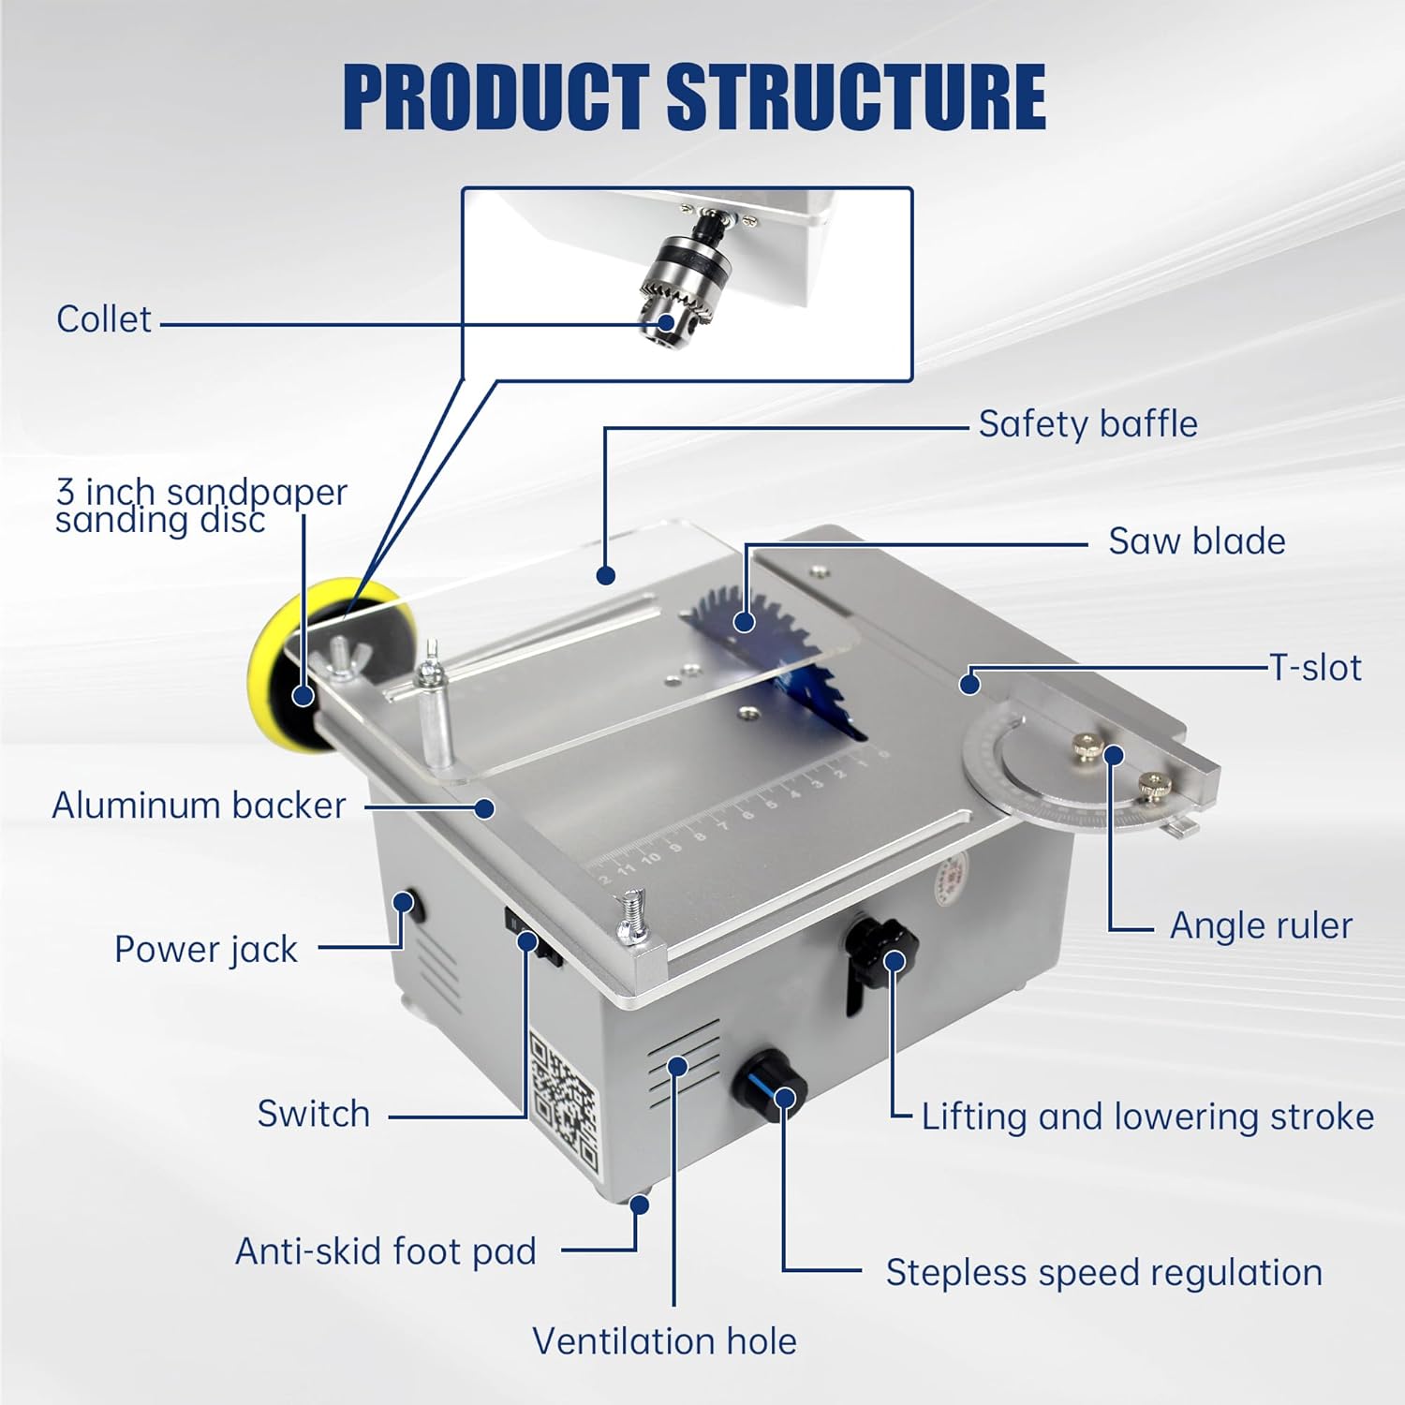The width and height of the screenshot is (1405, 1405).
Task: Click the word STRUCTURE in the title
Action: (855, 97)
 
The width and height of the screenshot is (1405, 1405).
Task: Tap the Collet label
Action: (103, 319)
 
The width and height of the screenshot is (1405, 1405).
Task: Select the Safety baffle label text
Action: (1087, 424)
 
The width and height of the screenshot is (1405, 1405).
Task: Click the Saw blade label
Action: (1196, 541)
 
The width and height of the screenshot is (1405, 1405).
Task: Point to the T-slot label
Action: (1315, 668)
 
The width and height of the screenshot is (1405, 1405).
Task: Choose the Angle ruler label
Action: (1261, 925)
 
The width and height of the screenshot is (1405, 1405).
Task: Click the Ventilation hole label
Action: (664, 1341)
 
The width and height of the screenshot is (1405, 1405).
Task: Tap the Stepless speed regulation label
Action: (1103, 1273)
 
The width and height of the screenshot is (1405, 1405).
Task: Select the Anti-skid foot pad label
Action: (385, 1251)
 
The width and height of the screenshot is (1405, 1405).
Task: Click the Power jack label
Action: (205, 950)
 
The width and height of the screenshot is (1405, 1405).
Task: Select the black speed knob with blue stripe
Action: (772, 1085)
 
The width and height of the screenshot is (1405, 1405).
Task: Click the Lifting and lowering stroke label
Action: (1146, 1117)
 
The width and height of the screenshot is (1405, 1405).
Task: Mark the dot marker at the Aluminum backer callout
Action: (484, 807)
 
